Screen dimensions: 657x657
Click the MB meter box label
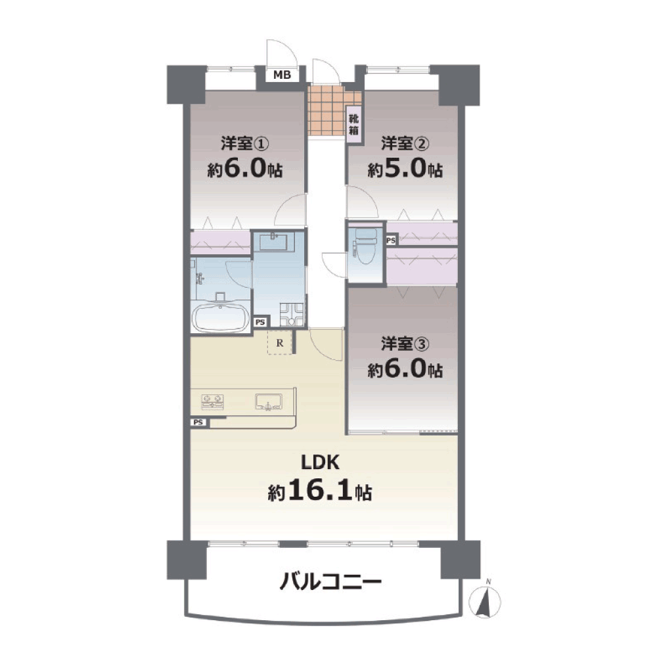pyautogui.click(x=282, y=75)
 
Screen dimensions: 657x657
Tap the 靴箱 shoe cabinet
pyautogui.click(x=353, y=124)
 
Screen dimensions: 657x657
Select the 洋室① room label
pyautogui.click(x=244, y=145)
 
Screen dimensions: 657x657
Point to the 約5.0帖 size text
pyautogui.click(x=405, y=169)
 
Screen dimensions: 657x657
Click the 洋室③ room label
pyautogui.click(x=405, y=344)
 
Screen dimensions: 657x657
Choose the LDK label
pyautogui.click(x=321, y=463)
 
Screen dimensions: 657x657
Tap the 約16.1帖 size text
pyautogui.click(x=320, y=491)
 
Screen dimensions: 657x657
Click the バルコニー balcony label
pyautogui.click(x=330, y=582)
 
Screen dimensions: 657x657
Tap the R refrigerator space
pyautogui.click(x=280, y=343)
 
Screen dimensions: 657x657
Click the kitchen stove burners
pyautogui.click(x=213, y=401)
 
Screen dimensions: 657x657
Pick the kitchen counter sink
pyautogui.click(x=269, y=401)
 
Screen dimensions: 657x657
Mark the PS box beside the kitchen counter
pyautogui.click(x=198, y=422)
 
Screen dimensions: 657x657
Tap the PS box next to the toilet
pyautogui.click(x=391, y=240)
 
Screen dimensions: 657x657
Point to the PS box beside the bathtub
pyautogui.click(x=260, y=322)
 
